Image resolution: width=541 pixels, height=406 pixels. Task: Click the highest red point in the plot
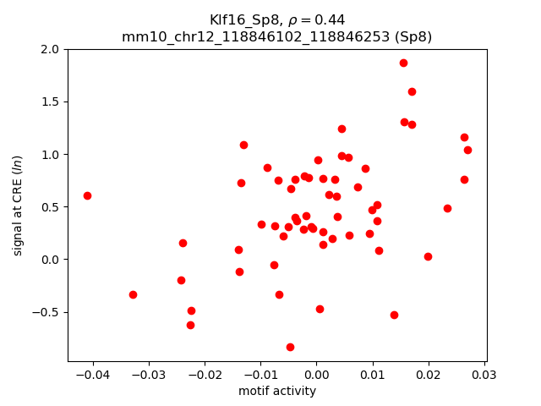tap(403, 63)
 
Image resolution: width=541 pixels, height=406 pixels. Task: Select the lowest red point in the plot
tap(290, 347)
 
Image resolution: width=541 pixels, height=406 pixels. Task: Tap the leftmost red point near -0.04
tap(87, 195)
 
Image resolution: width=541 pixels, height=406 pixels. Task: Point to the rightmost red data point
tap(467, 150)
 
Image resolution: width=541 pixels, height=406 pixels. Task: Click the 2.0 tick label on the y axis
tap(50, 49)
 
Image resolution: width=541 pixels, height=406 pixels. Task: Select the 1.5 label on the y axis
tap(50, 101)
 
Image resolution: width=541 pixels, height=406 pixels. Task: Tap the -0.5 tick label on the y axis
tap(46, 311)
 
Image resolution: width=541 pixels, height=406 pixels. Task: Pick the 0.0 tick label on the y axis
tap(50, 259)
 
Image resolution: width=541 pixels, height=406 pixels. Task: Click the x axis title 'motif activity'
tap(277, 391)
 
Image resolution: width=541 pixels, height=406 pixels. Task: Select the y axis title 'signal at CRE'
tap(18, 205)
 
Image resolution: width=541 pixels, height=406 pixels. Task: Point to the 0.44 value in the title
tap(332, 20)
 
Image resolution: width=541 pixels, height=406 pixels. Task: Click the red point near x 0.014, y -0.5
tap(394, 315)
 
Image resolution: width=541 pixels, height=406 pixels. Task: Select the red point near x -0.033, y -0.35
tap(133, 294)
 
